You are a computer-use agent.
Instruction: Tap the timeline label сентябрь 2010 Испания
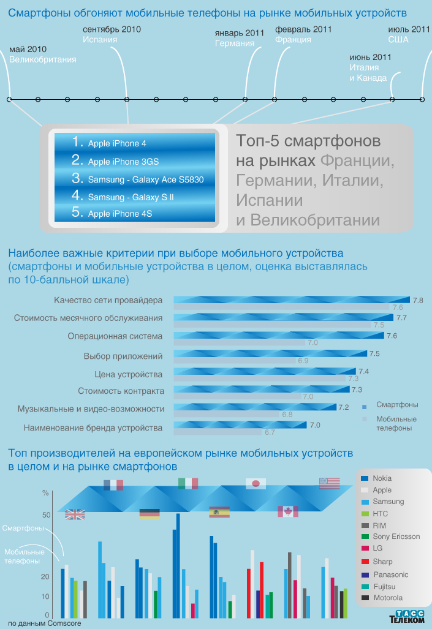(112, 34)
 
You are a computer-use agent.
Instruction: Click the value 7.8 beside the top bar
(418, 300)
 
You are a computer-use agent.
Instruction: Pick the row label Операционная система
(115, 336)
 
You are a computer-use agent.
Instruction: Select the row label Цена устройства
(128, 374)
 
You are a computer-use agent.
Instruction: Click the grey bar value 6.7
(270, 432)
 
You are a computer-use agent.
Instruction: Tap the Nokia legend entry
(382, 478)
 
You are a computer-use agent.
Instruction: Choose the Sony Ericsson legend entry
(396, 537)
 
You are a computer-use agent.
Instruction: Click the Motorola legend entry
(387, 598)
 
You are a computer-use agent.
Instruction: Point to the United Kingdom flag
(75, 514)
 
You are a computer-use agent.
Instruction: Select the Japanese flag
(256, 484)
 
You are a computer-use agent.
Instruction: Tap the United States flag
(329, 483)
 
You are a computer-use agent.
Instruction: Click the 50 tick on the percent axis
(46, 515)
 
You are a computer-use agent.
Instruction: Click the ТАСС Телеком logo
(407, 617)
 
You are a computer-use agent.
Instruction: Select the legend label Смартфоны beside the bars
(22, 528)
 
